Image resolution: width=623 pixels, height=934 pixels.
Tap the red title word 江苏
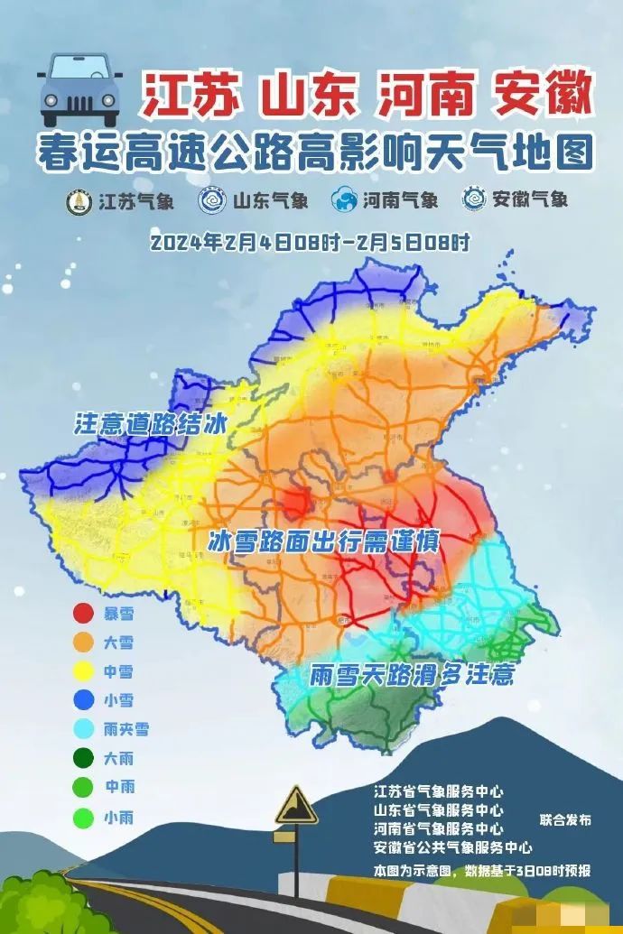point(193,94)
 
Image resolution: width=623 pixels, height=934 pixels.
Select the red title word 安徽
point(541,94)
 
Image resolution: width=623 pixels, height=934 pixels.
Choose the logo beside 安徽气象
point(473,199)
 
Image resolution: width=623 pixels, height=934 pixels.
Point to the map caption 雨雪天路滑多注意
point(412,675)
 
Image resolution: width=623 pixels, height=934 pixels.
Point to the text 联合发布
point(565,820)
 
